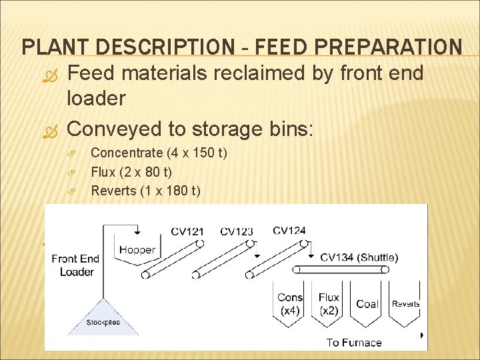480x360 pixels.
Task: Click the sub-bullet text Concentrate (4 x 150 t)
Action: tap(159, 154)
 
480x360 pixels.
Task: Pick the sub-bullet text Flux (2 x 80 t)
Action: tap(131, 173)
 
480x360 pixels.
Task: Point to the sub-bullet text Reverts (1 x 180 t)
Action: tap(145, 191)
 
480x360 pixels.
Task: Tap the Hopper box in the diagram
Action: tap(137, 249)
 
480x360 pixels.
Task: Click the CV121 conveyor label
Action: tap(187, 232)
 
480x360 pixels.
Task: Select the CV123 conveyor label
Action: tap(237, 232)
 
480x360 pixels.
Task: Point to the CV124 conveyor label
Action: tap(289, 231)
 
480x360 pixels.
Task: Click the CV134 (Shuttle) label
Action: tap(359, 257)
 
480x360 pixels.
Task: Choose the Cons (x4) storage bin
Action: tap(290, 305)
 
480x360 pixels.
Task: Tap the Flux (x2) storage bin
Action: tap(329, 305)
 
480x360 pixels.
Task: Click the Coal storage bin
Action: tap(367, 305)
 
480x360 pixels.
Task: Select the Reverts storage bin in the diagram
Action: tap(405, 305)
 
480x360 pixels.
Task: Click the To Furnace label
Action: tap(354, 343)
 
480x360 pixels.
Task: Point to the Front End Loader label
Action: tap(75, 265)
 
